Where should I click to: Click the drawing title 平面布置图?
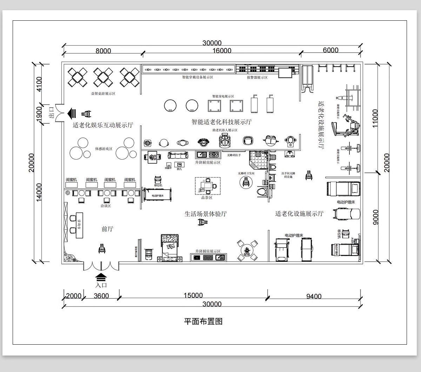click(203, 321)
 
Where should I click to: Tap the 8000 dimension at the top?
click(103, 51)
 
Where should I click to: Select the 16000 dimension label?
click(222, 51)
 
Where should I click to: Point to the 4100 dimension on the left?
click(39, 84)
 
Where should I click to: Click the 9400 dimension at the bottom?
click(314, 297)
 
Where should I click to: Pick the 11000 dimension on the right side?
click(375, 119)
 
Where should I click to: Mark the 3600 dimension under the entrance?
click(101, 296)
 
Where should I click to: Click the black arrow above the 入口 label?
click(100, 277)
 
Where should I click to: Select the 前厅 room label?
click(107, 229)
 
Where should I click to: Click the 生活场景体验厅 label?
click(206, 214)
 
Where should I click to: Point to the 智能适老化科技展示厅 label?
click(221, 122)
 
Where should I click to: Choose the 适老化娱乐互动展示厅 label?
click(103, 125)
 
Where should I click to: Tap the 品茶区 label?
click(207, 198)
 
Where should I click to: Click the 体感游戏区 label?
click(103, 149)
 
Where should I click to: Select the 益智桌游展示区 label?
click(103, 94)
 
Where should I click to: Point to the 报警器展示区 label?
click(257, 77)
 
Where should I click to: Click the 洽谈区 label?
click(106, 206)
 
